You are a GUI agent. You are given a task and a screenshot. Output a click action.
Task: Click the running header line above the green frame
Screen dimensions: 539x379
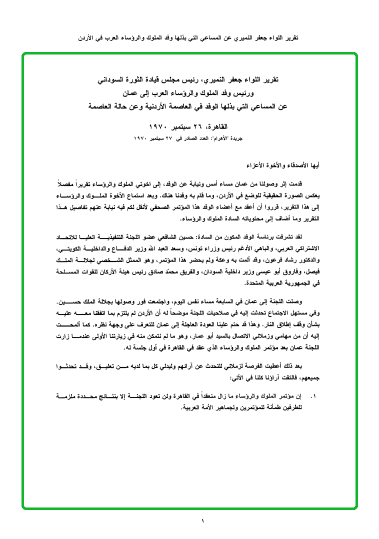click(189, 38)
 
